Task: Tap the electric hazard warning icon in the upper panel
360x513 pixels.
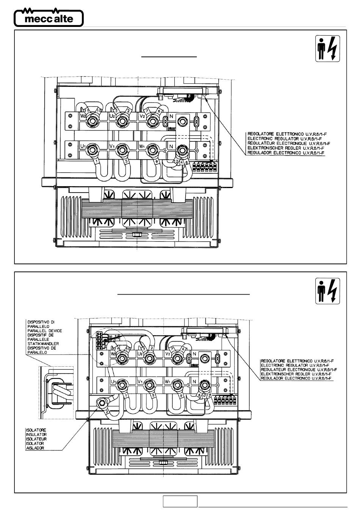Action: pyautogui.click(x=328, y=49)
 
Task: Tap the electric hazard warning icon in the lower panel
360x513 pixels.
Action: pyautogui.click(x=328, y=291)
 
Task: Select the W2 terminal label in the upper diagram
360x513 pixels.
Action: pyautogui.click(x=83, y=116)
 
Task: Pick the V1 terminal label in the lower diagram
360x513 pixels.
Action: pyautogui.click(x=140, y=381)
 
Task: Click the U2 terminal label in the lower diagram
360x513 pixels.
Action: pyautogui.click(x=140, y=353)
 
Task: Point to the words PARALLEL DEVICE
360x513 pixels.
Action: pyautogui.click(x=45, y=331)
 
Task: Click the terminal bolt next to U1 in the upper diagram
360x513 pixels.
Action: pyautogui.click(x=92, y=150)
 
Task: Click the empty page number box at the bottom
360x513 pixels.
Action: pyautogui.click(x=180, y=501)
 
